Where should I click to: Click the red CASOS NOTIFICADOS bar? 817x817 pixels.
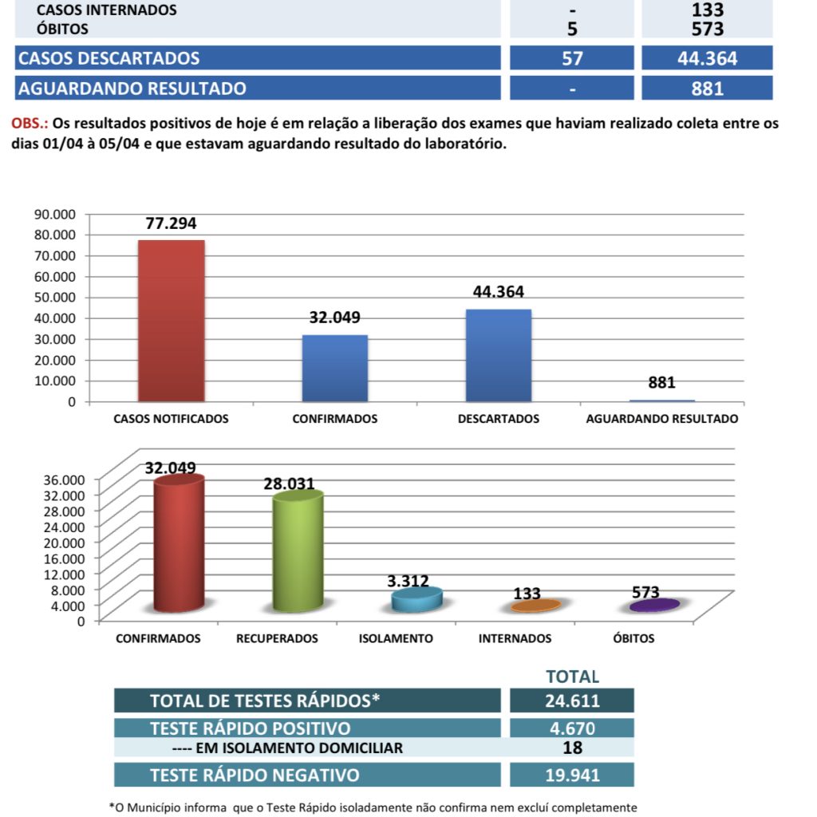(x=171, y=320)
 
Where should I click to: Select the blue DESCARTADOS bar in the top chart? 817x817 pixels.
(x=499, y=354)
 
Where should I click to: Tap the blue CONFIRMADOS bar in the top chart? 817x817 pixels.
(x=334, y=368)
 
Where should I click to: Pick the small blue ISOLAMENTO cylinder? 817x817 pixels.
(x=416, y=600)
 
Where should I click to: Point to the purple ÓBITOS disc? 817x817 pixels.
(x=654, y=606)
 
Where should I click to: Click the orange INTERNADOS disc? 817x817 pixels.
(x=535, y=606)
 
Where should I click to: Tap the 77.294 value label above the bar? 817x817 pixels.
(x=171, y=223)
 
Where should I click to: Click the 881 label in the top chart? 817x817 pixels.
(x=661, y=382)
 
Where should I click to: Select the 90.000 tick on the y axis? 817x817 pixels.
(x=54, y=214)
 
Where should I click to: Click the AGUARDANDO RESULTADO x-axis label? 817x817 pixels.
(x=661, y=419)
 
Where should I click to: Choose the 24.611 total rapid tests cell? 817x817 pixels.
(x=572, y=701)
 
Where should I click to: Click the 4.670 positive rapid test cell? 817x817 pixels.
(x=572, y=728)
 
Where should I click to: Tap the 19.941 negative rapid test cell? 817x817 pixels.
(x=572, y=775)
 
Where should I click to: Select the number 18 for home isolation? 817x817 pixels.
(x=572, y=748)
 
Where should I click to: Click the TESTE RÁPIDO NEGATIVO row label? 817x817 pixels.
(x=255, y=775)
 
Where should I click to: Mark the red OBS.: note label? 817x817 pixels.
(x=30, y=124)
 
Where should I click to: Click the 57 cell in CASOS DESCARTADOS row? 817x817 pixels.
(x=572, y=58)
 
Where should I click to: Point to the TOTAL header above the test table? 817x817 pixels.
(x=572, y=677)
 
